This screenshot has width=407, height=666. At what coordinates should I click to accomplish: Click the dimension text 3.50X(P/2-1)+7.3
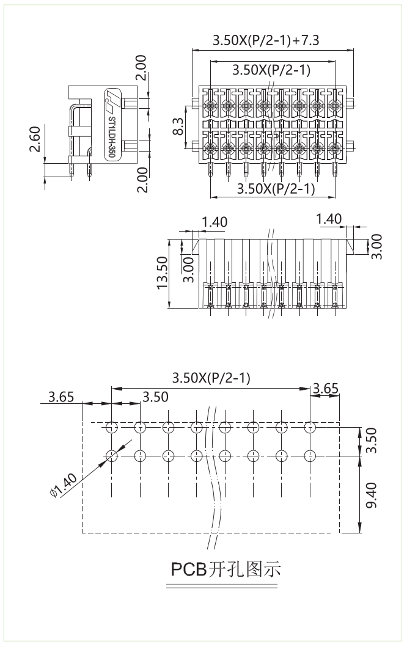point(266,41)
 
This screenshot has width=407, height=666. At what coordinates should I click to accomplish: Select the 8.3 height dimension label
point(178,126)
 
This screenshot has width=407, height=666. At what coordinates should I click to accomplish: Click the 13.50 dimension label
point(163,273)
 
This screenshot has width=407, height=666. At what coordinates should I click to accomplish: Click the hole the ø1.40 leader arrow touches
point(111,455)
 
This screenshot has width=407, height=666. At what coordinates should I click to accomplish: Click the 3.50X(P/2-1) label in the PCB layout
point(211,378)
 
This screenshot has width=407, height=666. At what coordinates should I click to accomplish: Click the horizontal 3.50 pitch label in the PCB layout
point(155,397)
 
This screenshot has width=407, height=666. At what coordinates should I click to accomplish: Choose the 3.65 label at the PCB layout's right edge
point(325,387)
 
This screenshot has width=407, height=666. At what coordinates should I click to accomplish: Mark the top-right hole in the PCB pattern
point(310,426)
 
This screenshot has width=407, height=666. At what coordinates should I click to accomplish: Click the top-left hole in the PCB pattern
point(111,426)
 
